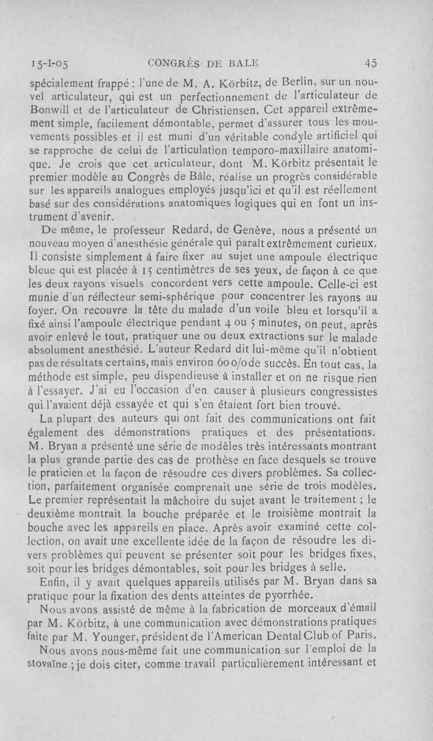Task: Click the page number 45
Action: tap(370, 63)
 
